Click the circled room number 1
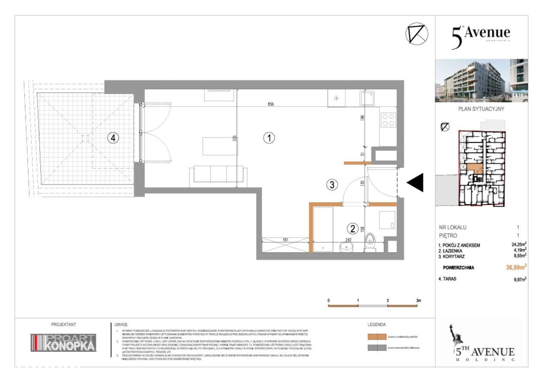[269, 138]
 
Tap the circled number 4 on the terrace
[113, 138]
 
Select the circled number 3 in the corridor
[331, 185]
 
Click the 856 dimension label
[271, 104]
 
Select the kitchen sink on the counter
[367, 99]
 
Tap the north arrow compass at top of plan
[417, 33]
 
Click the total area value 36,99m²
[516, 267]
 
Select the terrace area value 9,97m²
[518, 279]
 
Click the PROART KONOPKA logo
[63, 342]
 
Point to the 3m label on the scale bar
[418, 300]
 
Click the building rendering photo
[481, 80]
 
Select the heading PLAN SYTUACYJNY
[481, 110]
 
